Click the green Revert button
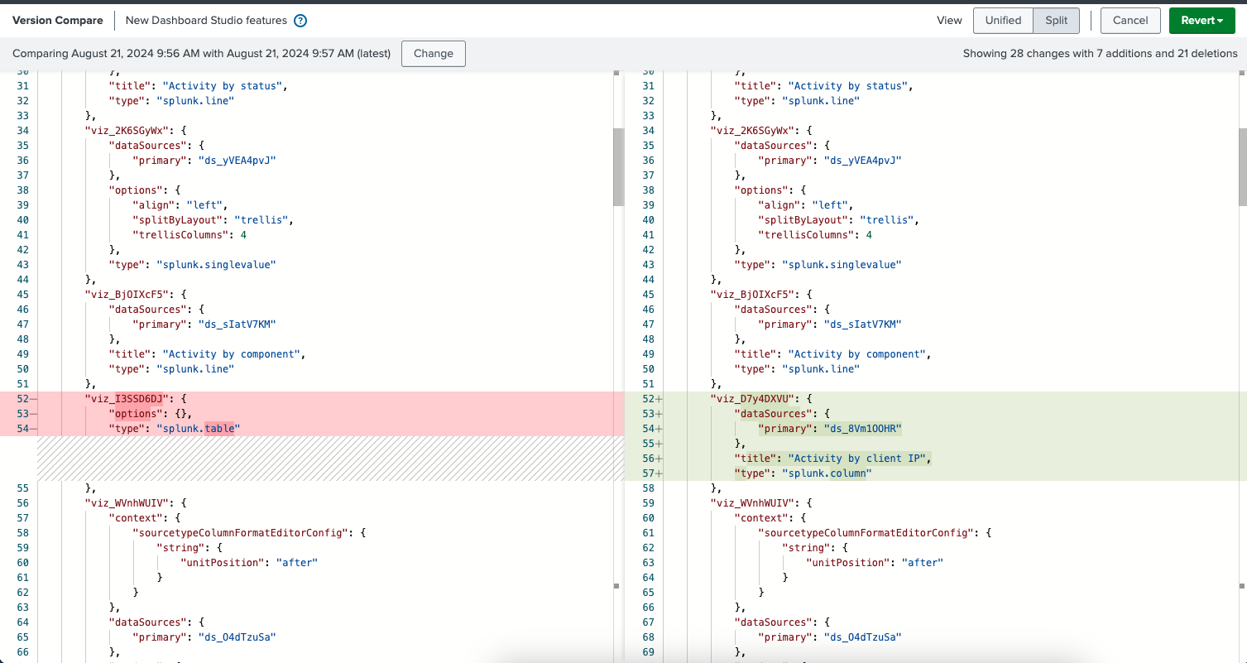pos(1202,21)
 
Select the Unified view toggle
pos(1003,21)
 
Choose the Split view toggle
pos(1056,21)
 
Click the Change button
pos(433,54)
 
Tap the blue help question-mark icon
pos(300,21)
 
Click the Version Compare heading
pos(57,21)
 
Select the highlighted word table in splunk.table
pos(219,429)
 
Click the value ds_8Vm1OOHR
pos(862,429)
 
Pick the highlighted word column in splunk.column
pos(848,473)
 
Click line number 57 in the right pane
pos(649,473)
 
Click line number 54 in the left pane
pos(23,429)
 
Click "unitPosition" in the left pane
pos(222,563)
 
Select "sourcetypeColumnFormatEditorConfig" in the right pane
pos(866,533)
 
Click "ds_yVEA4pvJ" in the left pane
pos(237,161)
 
